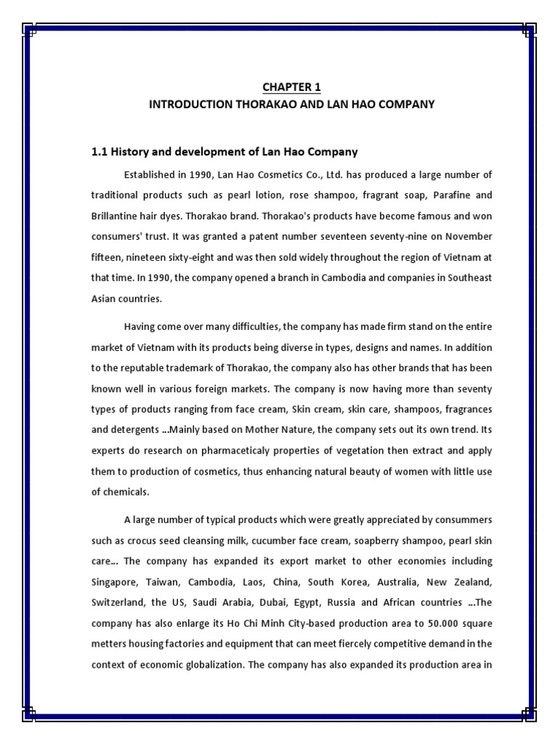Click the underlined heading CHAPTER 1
[x=291, y=87]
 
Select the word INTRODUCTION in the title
[x=189, y=105]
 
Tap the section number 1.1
[x=100, y=152]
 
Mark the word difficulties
[x=251, y=325]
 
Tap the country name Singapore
[x=116, y=582]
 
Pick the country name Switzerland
[x=118, y=602]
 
